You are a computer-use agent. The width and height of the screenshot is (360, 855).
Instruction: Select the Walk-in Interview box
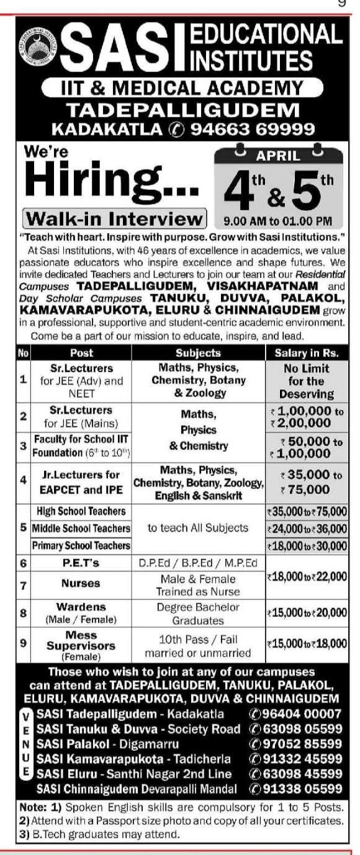point(114,219)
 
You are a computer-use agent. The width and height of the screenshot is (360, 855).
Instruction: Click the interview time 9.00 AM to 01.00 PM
point(277,221)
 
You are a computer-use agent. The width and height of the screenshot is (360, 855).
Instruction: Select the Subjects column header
point(198,352)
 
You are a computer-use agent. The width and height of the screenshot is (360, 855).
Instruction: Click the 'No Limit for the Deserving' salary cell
point(306,381)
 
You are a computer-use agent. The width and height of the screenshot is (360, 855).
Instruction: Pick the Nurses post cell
point(81,584)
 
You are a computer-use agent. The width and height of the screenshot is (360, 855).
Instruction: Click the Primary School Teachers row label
point(81,545)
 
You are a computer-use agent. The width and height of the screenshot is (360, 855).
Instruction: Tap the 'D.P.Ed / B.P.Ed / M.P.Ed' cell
point(198,563)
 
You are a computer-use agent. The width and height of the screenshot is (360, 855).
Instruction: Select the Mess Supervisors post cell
point(81,646)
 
